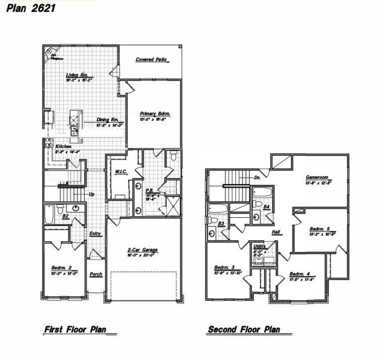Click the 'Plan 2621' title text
coord(26,8)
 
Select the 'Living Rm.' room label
coord(77,75)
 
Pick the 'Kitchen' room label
coord(64,146)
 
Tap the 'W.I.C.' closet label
coord(120,172)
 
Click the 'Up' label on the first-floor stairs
coord(92,194)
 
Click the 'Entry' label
coord(95,234)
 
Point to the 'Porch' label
coord(96,274)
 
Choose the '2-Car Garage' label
coord(142,250)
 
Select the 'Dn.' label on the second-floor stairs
coord(257,178)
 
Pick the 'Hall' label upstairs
coord(275,232)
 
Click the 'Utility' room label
coord(260,246)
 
